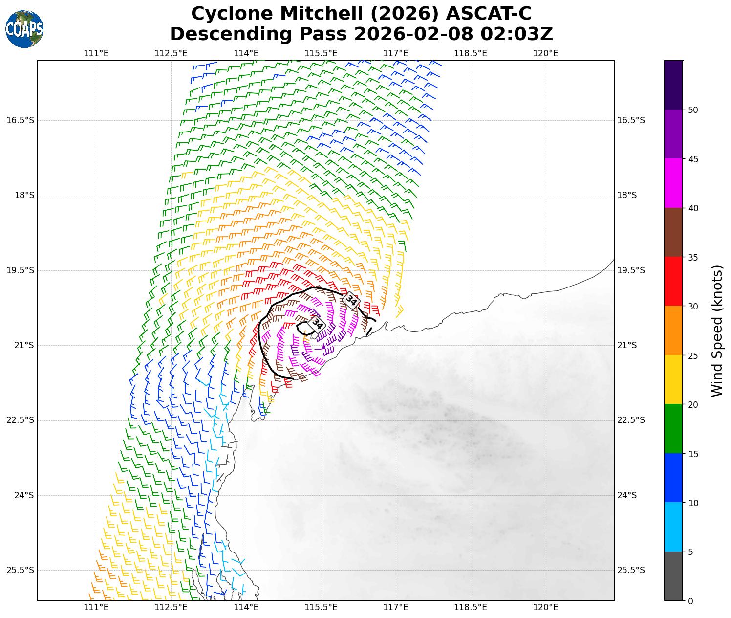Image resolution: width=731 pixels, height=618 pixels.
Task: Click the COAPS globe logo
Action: click(x=24, y=29)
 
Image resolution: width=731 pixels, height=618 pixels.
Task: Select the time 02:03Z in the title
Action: click(x=516, y=34)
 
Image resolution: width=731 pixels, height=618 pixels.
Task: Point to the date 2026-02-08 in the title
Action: click(x=413, y=34)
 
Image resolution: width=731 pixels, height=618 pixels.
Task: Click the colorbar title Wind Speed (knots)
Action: click(x=717, y=331)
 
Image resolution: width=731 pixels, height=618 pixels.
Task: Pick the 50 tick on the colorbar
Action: click(x=692, y=110)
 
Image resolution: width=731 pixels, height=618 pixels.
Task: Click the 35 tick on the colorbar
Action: click(x=692, y=257)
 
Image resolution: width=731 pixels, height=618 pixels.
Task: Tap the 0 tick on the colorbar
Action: click(x=690, y=601)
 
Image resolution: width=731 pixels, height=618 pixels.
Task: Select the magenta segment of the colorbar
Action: click(x=673, y=183)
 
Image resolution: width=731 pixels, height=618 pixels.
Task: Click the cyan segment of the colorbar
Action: click(x=673, y=527)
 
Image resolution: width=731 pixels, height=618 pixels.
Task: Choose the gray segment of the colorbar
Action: click(x=673, y=576)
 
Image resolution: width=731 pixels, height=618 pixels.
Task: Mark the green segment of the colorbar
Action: click(x=673, y=429)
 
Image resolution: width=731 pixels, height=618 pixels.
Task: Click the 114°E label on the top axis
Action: click(x=246, y=53)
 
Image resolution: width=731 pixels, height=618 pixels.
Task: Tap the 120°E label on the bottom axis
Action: click(x=546, y=607)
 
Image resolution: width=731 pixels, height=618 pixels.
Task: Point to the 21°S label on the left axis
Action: click(x=24, y=345)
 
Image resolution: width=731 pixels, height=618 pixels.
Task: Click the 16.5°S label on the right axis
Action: click(x=631, y=120)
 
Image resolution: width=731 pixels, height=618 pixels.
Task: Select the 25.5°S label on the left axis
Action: click(x=21, y=570)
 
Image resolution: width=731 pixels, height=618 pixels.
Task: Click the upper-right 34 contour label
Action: click(x=351, y=300)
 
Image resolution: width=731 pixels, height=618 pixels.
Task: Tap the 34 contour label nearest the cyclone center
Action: click(x=317, y=324)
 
